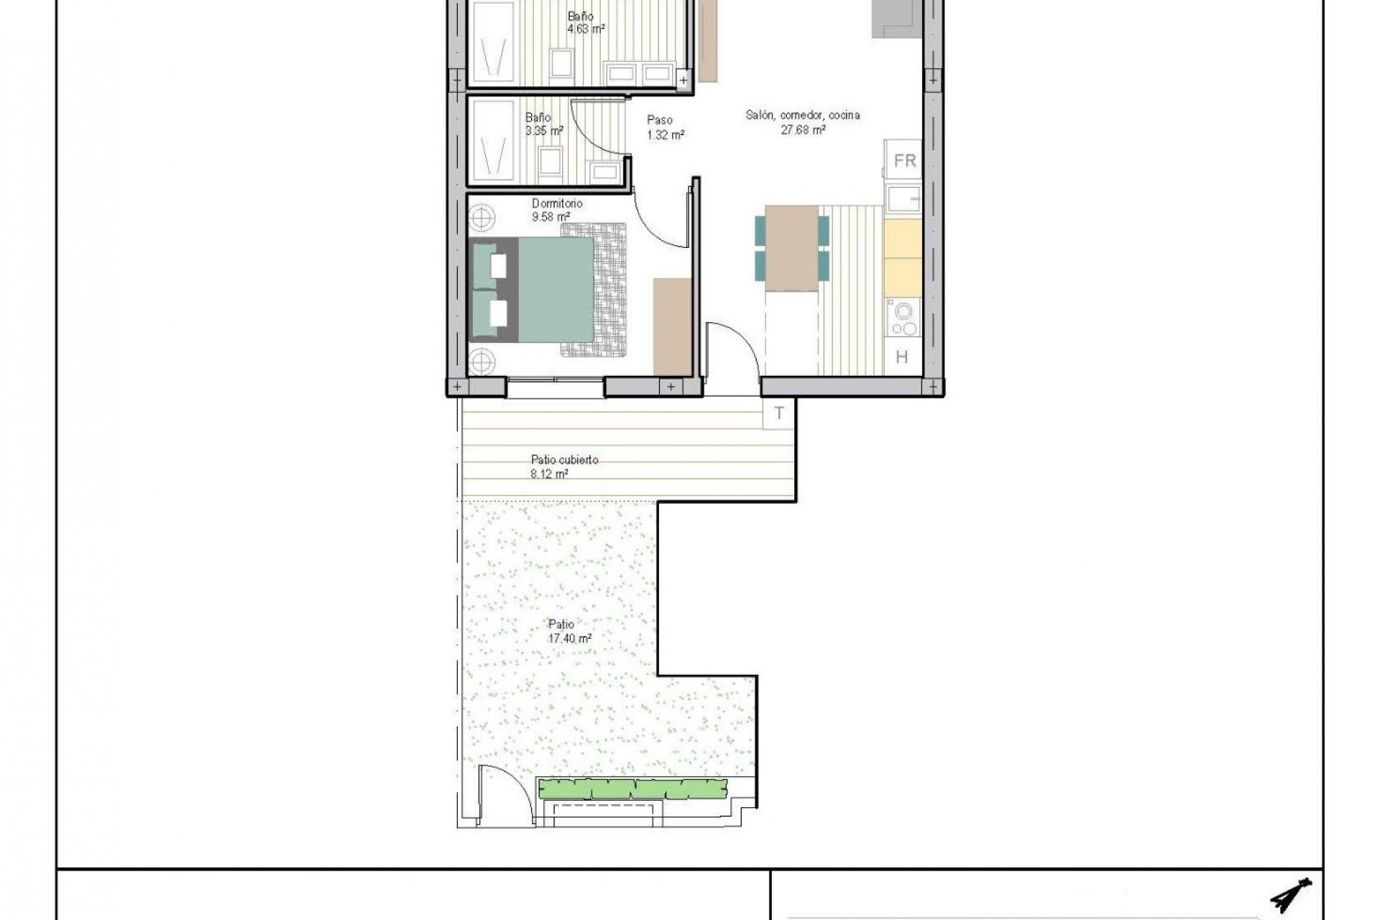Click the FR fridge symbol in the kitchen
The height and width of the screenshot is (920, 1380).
click(903, 160)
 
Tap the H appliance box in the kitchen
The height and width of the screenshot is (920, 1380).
click(901, 357)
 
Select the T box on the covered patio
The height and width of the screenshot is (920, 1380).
click(778, 413)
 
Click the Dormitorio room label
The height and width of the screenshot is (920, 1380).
click(557, 204)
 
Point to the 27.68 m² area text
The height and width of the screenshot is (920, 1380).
click(802, 130)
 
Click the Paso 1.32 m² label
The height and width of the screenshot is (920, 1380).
click(664, 127)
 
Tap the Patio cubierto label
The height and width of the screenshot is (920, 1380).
click(564, 460)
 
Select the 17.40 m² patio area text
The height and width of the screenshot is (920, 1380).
click(569, 638)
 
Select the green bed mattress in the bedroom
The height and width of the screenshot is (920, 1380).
click(556, 289)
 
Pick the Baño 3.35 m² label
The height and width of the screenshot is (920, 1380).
click(543, 124)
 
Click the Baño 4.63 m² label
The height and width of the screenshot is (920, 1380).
click(584, 22)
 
